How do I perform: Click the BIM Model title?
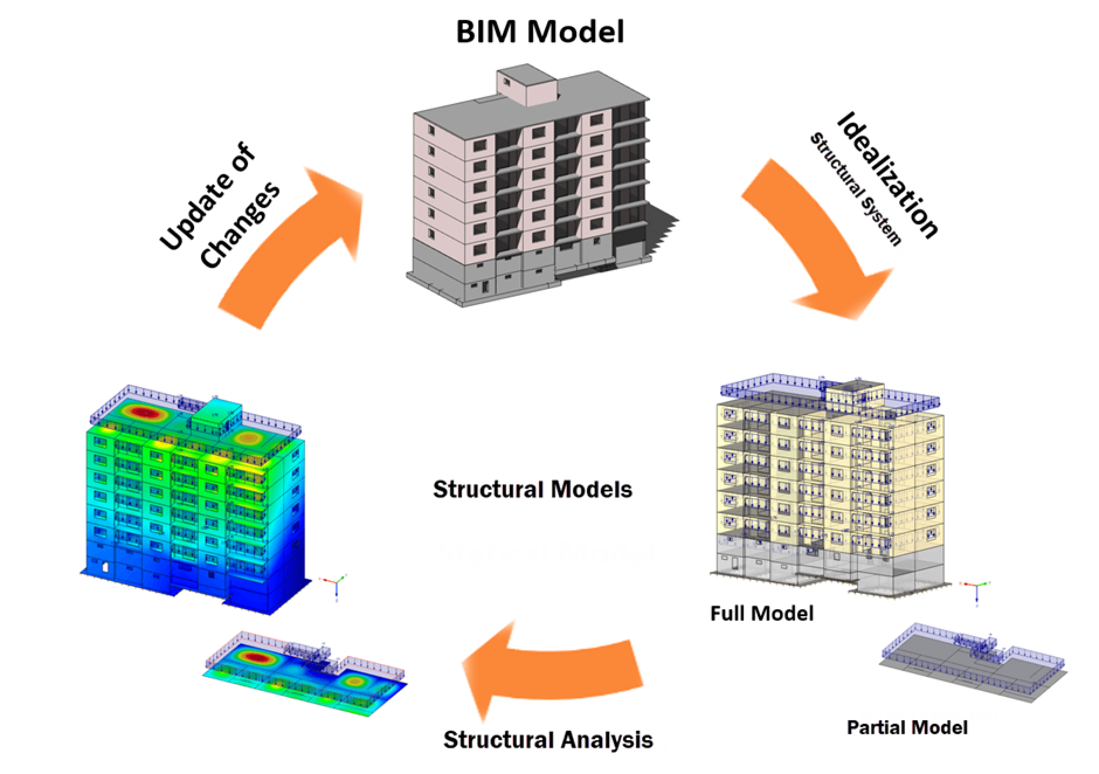pos(540,32)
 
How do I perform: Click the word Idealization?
pos(887,176)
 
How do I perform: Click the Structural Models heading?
pos(533,489)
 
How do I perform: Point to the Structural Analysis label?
pos(548,740)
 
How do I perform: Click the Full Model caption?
pos(761,613)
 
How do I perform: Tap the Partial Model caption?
pos(907,727)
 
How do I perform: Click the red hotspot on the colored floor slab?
pos(256,658)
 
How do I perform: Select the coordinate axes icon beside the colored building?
pos(336,585)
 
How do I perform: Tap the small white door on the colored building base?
pos(105,566)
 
